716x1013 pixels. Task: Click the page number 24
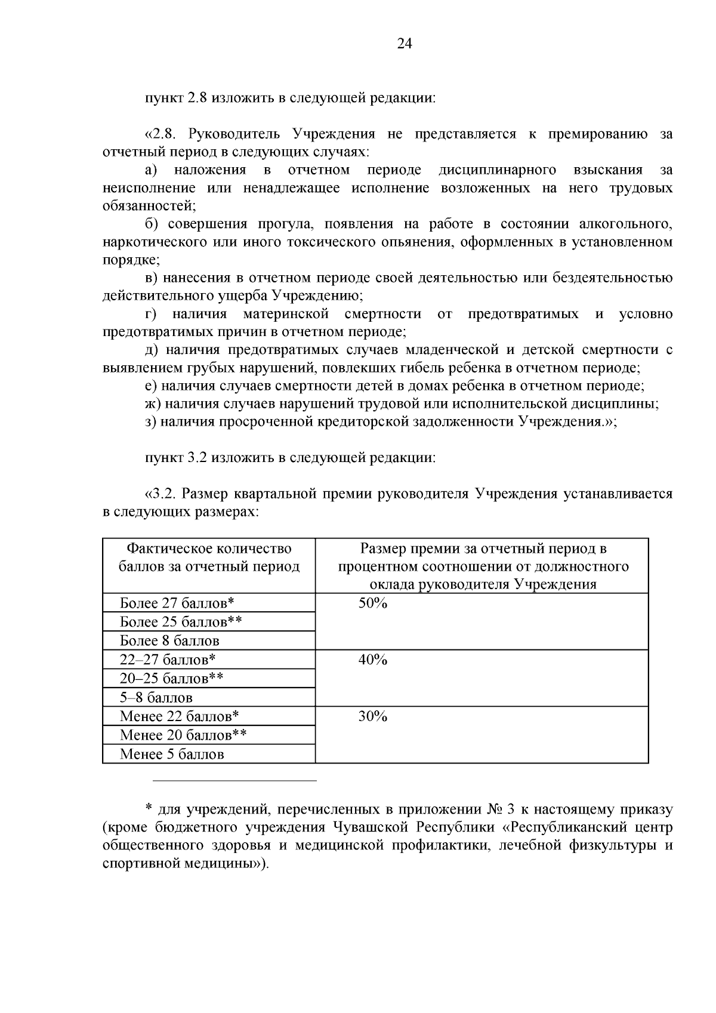click(x=404, y=44)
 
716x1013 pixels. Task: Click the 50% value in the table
click(x=373, y=604)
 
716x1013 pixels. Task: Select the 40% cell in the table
click(x=373, y=660)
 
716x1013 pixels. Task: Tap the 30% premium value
click(x=373, y=716)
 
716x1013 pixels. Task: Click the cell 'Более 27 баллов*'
click(x=177, y=604)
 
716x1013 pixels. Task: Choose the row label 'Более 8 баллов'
click(x=169, y=641)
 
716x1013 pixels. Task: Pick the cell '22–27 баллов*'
click(x=167, y=660)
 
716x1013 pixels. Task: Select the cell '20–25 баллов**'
click(x=172, y=679)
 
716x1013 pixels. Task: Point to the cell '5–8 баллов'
click(x=156, y=698)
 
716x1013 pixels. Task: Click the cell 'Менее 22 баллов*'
click(x=179, y=716)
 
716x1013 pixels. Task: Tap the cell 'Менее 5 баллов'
click(x=172, y=755)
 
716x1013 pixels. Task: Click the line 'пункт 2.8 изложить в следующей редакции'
click(x=291, y=98)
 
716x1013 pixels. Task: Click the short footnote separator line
click(x=234, y=780)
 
